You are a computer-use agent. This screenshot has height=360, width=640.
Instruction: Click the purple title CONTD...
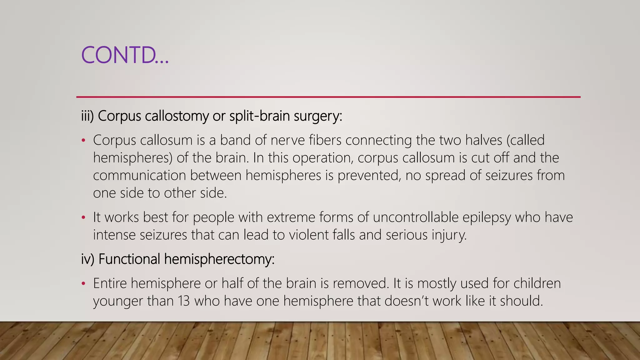coord(125,55)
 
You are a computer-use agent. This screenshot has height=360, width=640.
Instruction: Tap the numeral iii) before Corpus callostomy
coord(87,116)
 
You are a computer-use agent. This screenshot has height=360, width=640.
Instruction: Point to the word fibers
coord(325,140)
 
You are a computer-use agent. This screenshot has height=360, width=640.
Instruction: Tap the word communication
coord(139,175)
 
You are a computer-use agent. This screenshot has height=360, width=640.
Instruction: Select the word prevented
coord(369,175)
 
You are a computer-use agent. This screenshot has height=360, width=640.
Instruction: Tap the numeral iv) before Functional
coord(87,259)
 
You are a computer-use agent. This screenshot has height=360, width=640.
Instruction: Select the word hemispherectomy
coord(219,259)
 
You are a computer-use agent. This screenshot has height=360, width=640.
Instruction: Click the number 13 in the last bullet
coord(184,301)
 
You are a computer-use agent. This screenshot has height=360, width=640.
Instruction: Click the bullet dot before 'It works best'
coord(83,217)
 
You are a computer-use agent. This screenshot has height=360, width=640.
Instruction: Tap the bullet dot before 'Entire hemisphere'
coord(83,283)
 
